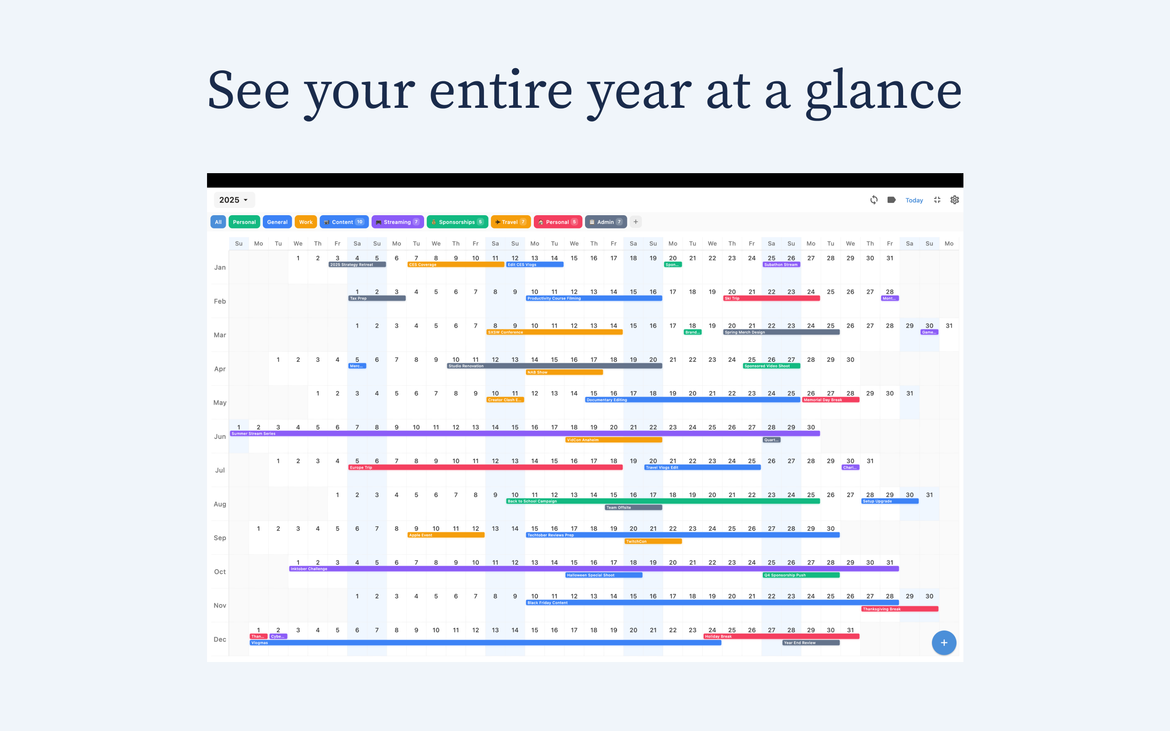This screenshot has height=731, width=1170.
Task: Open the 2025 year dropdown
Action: (x=234, y=200)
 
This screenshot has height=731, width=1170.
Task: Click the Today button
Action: (x=914, y=200)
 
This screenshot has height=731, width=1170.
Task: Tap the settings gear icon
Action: (x=954, y=200)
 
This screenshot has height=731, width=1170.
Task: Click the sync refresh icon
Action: (x=874, y=200)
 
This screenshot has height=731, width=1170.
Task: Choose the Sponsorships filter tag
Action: (x=457, y=222)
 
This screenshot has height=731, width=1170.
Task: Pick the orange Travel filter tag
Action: (x=510, y=222)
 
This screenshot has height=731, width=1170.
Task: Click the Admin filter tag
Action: (x=605, y=222)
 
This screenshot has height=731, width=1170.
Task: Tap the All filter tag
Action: (x=218, y=222)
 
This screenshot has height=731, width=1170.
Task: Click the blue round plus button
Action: (x=944, y=642)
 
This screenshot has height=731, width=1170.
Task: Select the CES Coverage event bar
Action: (x=455, y=265)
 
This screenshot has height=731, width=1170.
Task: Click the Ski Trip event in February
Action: (x=771, y=298)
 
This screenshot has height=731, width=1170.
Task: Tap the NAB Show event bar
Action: (x=564, y=372)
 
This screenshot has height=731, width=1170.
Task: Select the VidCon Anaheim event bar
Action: (x=613, y=440)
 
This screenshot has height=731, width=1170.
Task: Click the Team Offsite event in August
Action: (x=633, y=508)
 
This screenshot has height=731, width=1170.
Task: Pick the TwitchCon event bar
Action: (x=653, y=541)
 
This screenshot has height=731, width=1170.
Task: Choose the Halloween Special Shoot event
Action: (x=603, y=575)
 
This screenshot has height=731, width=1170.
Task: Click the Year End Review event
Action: (x=810, y=643)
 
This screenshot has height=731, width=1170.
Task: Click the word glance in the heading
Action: (x=883, y=91)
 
